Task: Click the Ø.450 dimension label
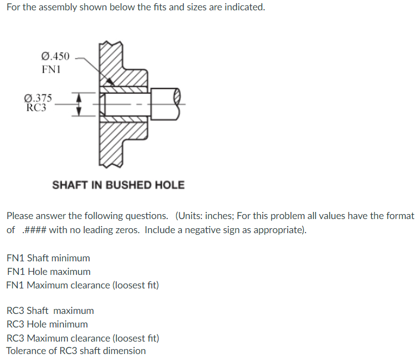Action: [55, 56]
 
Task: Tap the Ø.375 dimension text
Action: [39, 98]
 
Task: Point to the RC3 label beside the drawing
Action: [36, 107]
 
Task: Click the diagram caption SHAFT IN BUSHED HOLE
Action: [118, 185]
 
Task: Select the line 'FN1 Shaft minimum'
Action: [48, 258]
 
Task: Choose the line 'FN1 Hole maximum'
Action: [48, 272]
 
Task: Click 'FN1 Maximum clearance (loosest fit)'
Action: [82, 285]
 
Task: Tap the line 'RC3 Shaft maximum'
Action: [50, 311]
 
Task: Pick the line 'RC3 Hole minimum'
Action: [47, 324]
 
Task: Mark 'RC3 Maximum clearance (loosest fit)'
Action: [82, 338]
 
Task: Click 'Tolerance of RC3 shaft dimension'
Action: [76, 351]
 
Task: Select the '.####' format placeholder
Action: [34, 229]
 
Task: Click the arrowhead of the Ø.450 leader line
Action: [110, 82]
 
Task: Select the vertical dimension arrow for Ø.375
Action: [78, 104]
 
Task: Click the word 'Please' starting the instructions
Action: [20, 216]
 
